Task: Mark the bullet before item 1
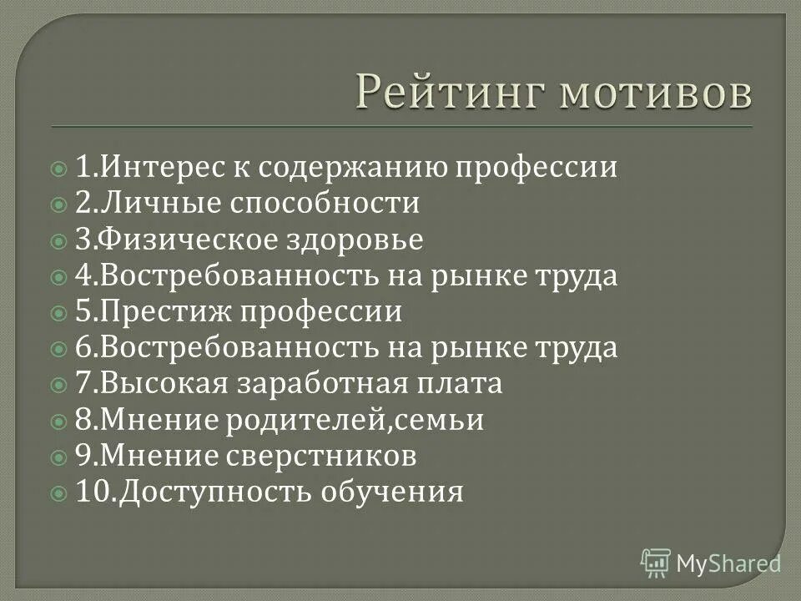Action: [58, 169]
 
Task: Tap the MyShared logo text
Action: [728, 564]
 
